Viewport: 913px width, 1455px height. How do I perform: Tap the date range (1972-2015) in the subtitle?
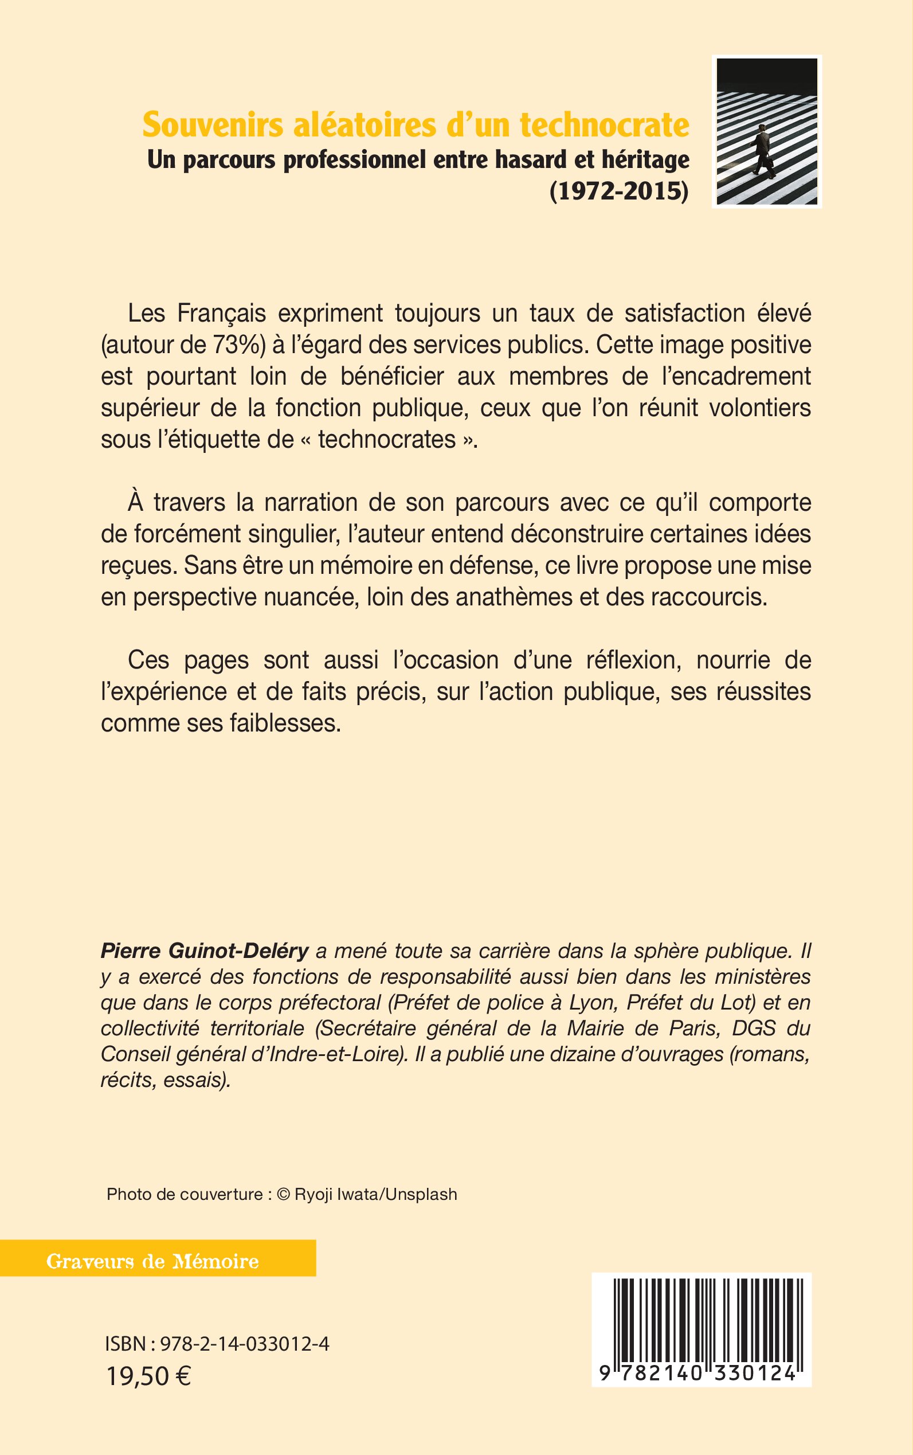point(619,191)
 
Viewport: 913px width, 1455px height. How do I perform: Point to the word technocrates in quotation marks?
point(387,439)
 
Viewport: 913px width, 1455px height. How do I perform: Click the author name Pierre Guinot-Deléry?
point(204,951)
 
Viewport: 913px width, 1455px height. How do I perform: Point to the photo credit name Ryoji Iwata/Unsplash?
point(375,1194)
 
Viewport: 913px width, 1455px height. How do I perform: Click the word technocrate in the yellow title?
point(605,125)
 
